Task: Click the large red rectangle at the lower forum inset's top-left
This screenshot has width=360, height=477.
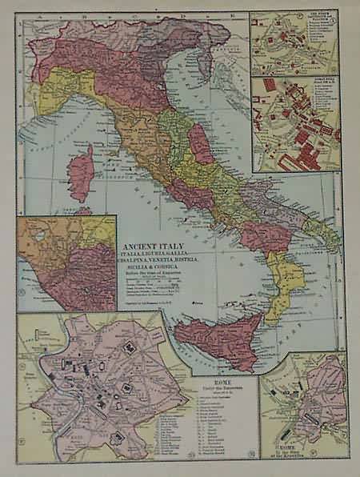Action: pos(269,84)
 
